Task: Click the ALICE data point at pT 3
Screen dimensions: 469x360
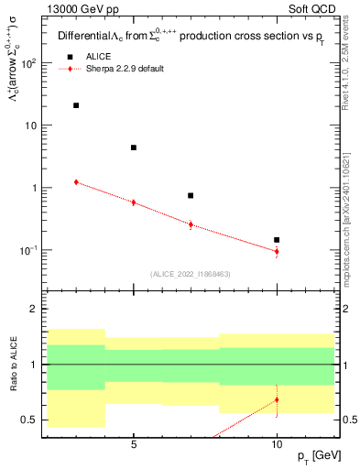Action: click(76, 105)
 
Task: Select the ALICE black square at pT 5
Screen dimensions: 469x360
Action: click(134, 147)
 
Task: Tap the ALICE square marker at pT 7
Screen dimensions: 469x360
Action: click(191, 195)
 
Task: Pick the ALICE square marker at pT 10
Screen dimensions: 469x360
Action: click(277, 240)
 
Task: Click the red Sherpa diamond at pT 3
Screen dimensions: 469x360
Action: click(76, 182)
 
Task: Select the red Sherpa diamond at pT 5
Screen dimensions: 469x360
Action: click(134, 202)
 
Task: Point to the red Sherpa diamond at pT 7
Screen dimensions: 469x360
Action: click(191, 224)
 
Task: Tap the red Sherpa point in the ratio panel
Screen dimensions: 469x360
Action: click(277, 399)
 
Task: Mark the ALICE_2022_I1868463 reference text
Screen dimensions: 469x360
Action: click(189, 274)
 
